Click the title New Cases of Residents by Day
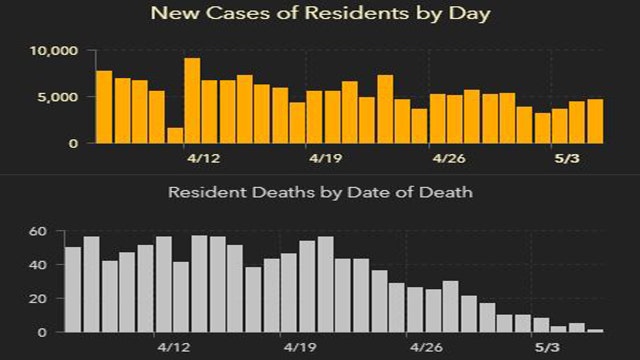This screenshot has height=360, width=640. point(320,14)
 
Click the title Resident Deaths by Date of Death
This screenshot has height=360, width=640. point(320,190)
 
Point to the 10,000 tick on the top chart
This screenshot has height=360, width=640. point(49,51)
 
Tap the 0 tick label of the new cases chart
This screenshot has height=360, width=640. point(71,143)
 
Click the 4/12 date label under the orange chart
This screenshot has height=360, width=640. point(204,158)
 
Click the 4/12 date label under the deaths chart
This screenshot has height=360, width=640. point(176,348)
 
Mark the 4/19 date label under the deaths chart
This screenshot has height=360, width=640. point(299,348)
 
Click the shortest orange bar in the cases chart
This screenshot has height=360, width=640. point(175,136)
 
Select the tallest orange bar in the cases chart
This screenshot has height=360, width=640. point(192,100)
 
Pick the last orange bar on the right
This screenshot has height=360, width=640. point(595,121)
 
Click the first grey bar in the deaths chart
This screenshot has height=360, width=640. point(72,290)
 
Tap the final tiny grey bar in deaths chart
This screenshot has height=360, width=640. point(595,330)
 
